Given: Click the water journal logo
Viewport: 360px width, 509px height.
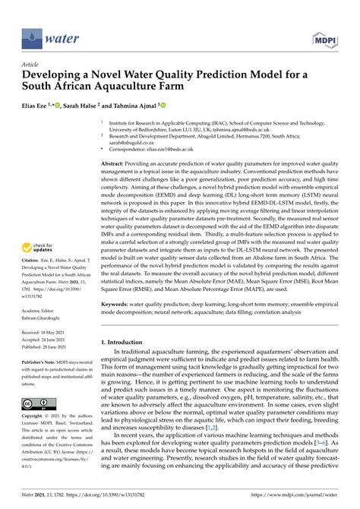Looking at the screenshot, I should point(46,35).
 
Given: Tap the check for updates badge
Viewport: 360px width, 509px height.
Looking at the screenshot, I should point(38,248).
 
